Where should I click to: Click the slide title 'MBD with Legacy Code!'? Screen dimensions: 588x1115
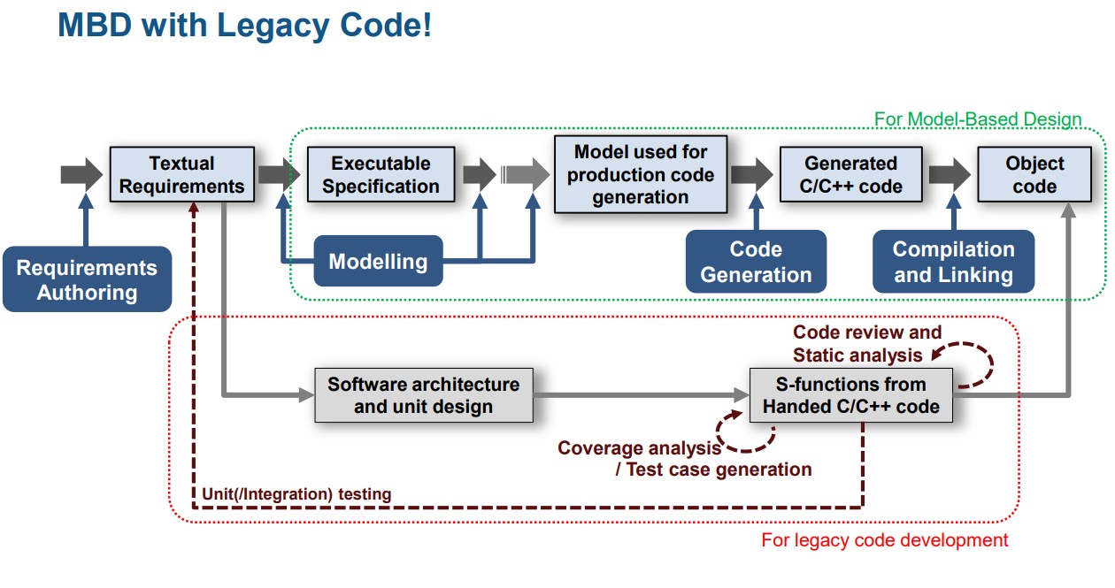[244, 25]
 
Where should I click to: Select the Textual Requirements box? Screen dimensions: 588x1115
[181, 174]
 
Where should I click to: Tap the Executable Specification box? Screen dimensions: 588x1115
[381, 174]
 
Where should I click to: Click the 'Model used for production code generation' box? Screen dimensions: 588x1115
[641, 174]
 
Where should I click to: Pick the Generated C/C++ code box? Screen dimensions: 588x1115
[850, 174]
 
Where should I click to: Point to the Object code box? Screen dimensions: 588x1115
[1034, 174]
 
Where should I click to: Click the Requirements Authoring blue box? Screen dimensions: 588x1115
[87, 279]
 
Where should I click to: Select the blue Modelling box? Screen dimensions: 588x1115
[378, 261]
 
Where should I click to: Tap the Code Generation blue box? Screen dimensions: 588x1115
[756, 262]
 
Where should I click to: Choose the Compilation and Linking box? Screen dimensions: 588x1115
[953, 262]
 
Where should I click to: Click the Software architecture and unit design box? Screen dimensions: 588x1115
[424, 395]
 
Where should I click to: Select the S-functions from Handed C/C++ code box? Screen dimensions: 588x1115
[850, 395]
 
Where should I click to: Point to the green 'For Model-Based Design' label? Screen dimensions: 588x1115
[977, 118]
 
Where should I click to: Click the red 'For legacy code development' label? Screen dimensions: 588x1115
[884, 539]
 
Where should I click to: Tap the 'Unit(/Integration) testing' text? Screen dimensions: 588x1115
[296, 494]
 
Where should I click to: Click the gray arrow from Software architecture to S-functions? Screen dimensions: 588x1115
[642, 395]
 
